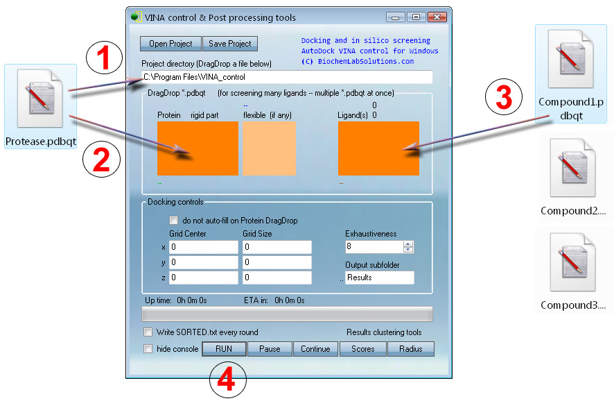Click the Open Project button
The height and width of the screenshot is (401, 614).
(170, 44)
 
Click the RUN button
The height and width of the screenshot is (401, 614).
(224, 349)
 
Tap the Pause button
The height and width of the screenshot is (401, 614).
(270, 349)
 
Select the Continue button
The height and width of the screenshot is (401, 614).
(315, 349)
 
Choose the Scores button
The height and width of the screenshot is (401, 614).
(363, 349)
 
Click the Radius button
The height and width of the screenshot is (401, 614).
(411, 349)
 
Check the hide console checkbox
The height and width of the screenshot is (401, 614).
(148, 349)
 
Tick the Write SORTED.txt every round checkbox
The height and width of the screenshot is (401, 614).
(148, 332)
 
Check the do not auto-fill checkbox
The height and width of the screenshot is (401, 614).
(173, 221)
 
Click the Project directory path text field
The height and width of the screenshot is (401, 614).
(287, 77)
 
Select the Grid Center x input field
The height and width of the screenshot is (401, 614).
(203, 247)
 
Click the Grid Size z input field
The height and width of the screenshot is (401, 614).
(277, 278)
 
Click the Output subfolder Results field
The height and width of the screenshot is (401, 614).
(380, 278)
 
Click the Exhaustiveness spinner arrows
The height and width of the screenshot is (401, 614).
(408, 246)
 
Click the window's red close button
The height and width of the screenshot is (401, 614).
(437, 17)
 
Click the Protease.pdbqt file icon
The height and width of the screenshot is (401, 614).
(40, 99)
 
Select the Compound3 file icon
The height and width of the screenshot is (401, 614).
(572, 262)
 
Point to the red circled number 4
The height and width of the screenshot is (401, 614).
(227, 379)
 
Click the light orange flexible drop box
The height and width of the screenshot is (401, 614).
(269, 148)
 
